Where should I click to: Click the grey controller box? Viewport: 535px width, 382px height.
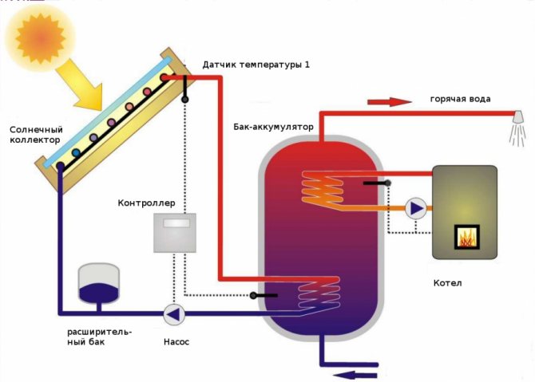[175, 232]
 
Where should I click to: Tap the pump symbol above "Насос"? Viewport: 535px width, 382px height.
[173, 314]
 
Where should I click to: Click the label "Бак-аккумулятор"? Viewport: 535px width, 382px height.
[273, 127]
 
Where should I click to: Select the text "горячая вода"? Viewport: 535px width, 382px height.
[460, 99]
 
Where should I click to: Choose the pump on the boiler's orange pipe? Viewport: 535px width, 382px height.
[416, 209]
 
